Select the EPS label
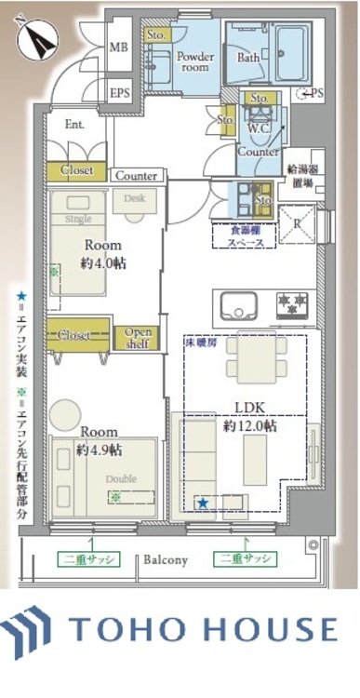119,92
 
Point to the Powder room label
195,61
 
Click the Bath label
248,58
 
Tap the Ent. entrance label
75,124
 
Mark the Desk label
134,197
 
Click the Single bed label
78,219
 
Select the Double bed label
120,479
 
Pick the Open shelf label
137,337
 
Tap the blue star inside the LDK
203,503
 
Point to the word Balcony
166,560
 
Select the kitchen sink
236,305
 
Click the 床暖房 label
198,343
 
